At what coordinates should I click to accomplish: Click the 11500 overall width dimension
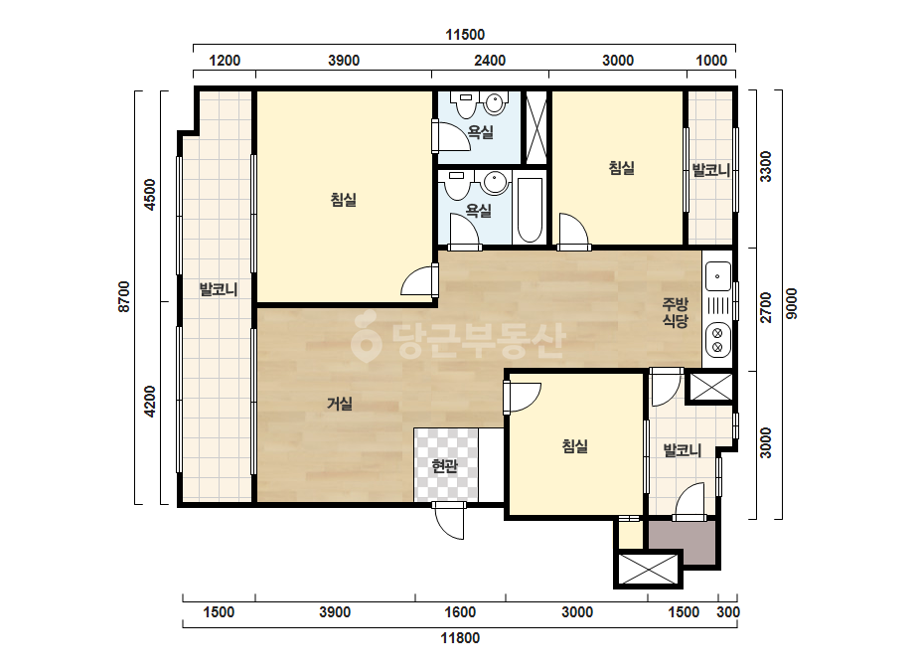click(465, 35)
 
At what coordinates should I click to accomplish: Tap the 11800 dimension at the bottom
click(460, 637)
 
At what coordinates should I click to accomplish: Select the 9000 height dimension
click(791, 303)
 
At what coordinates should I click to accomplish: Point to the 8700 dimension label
click(124, 296)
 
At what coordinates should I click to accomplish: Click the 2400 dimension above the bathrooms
click(490, 61)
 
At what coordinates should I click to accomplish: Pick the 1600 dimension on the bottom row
click(460, 612)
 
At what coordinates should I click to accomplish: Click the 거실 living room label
click(339, 404)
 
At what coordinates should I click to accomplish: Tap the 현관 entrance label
click(444, 466)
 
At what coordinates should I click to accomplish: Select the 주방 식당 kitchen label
click(675, 312)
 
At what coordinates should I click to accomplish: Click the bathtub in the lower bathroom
click(530, 210)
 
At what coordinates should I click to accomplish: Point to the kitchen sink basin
click(717, 275)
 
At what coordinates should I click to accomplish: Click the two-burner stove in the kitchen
click(718, 340)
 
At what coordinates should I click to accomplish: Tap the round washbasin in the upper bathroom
click(495, 103)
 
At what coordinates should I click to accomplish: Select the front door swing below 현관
click(449, 520)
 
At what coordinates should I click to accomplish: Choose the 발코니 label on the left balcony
click(219, 289)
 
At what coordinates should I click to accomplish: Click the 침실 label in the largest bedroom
click(344, 200)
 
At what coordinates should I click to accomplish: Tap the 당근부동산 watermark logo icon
click(366, 337)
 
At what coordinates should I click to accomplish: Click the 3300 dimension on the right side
click(766, 166)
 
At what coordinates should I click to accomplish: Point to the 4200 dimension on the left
click(150, 401)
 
